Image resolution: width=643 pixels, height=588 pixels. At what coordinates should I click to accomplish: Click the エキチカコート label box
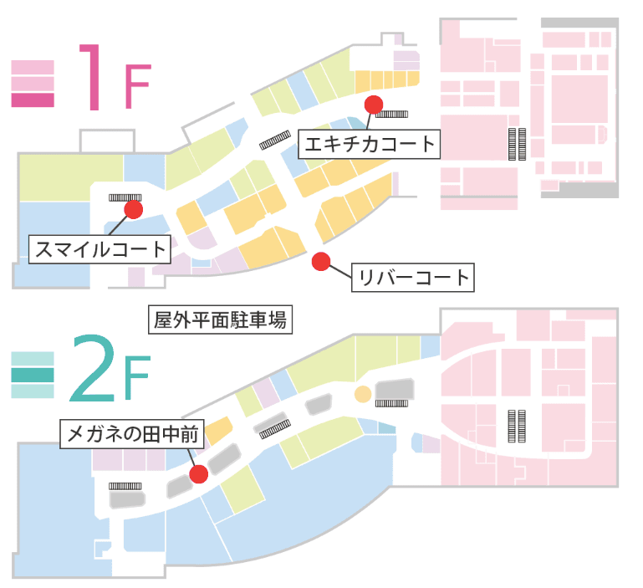coord(370,144)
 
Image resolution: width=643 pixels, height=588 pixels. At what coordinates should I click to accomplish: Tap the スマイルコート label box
coord(100,249)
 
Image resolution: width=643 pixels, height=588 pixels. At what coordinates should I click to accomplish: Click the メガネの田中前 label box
coord(132,434)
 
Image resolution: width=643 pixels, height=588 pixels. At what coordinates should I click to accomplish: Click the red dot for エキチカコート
coord(373,104)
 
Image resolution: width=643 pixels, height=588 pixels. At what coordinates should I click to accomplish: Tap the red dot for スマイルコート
coord(132,208)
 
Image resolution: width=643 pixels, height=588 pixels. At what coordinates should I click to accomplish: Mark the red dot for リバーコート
coord(320,262)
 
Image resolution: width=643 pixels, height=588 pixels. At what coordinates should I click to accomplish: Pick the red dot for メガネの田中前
coord(198,474)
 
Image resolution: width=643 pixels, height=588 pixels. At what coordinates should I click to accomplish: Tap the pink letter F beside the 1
coord(138,89)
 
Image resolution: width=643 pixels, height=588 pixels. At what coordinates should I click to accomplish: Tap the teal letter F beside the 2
coord(136,381)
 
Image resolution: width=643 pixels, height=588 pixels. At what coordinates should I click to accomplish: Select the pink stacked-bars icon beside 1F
coord(33,84)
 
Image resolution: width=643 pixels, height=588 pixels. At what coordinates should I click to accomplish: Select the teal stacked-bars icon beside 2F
coord(33,376)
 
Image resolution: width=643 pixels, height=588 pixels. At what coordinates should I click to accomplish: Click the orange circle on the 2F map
coord(363,394)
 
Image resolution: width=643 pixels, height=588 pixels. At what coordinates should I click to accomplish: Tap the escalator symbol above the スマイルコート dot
coord(125,197)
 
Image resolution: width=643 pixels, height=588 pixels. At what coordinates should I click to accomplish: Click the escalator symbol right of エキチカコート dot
coord(392,114)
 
